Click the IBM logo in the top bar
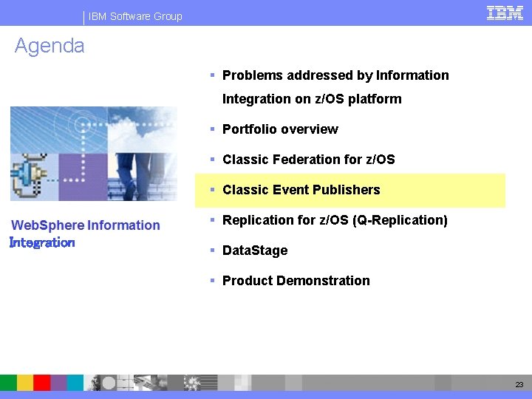click(x=505, y=13)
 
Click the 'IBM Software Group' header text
click(x=135, y=16)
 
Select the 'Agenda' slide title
click(x=50, y=46)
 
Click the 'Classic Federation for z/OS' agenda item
click(x=308, y=160)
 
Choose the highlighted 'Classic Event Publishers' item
click(x=301, y=190)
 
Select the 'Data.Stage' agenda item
click(x=254, y=250)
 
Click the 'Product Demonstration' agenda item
click(x=296, y=281)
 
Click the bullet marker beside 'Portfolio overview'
click(x=212, y=129)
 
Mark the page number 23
click(x=519, y=385)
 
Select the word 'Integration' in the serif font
click(x=42, y=242)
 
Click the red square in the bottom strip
click(x=42, y=382)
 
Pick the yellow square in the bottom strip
click(x=25, y=382)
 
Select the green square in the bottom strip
click(x=8, y=382)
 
